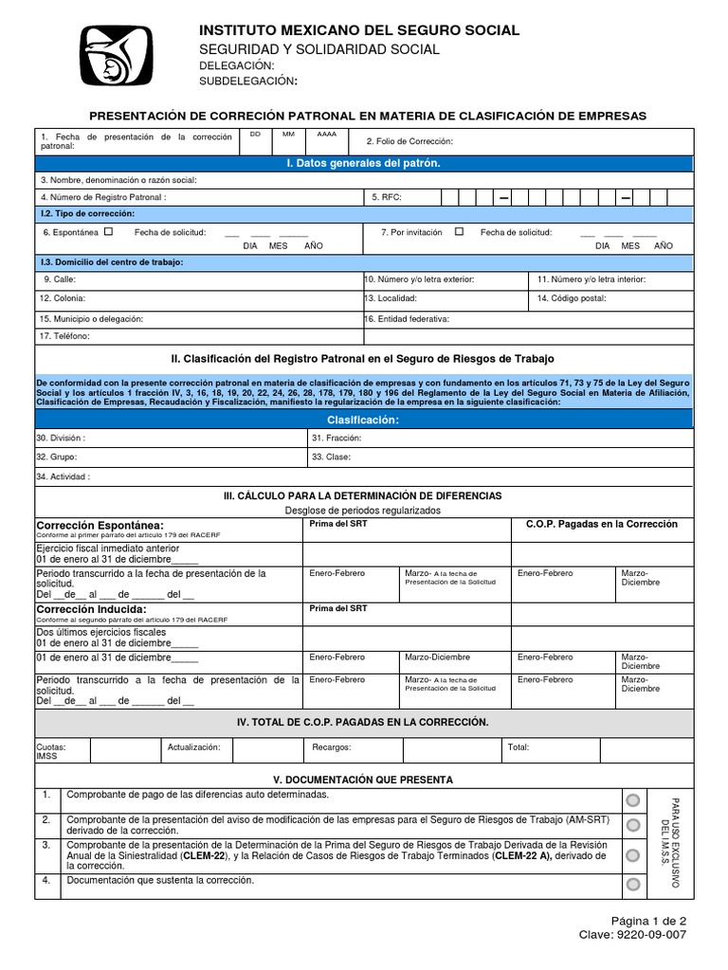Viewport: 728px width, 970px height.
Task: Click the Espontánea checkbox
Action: (x=108, y=231)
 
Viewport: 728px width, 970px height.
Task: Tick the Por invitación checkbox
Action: (x=460, y=231)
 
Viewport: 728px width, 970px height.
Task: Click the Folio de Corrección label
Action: (x=409, y=141)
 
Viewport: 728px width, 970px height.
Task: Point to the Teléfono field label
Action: (x=64, y=336)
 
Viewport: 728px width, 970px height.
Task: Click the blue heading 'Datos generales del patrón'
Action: (x=363, y=164)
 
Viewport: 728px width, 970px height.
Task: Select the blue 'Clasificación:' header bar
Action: (x=363, y=420)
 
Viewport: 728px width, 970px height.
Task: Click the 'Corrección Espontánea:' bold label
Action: (x=100, y=525)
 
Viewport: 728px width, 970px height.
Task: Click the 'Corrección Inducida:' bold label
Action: (x=91, y=609)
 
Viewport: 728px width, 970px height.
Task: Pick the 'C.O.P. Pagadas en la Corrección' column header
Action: (x=602, y=524)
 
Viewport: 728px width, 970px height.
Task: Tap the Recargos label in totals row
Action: (x=332, y=747)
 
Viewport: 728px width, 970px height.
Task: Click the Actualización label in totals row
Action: (x=193, y=747)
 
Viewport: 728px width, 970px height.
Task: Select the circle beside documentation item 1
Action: (x=632, y=799)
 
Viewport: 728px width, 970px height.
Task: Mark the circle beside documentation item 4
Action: (x=632, y=885)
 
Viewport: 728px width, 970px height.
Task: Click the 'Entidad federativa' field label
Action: (x=408, y=319)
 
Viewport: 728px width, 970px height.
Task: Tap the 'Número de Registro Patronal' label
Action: (x=103, y=197)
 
